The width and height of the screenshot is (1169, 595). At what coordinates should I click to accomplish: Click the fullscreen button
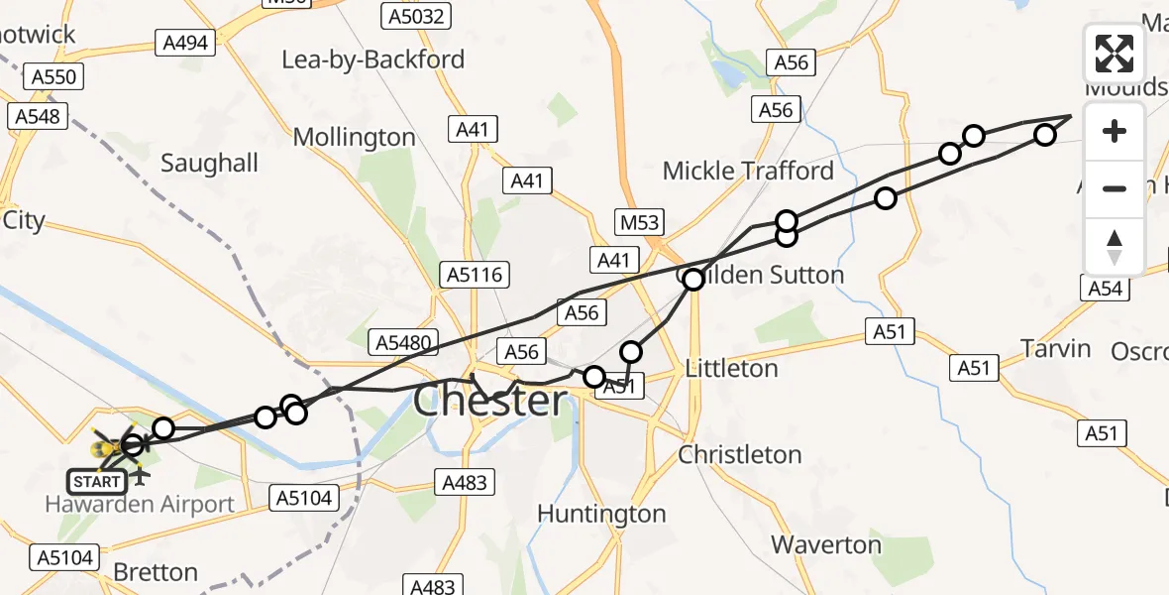pyautogui.click(x=1115, y=53)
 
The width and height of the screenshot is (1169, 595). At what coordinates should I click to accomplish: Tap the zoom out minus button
pyautogui.click(x=1115, y=188)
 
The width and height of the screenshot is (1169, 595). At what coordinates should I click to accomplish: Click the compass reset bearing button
pyautogui.click(x=1115, y=246)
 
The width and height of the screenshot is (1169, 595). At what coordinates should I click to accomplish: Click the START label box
pyautogui.click(x=97, y=482)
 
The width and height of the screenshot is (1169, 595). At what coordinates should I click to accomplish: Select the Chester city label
pyautogui.click(x=490, y=402)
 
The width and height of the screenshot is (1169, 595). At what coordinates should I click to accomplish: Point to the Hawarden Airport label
pyautogui.click(x=140, y=504)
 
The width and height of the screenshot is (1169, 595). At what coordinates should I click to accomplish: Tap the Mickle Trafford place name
pyautogui.click(x=748, y=171)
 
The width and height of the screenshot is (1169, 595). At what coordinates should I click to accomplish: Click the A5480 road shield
pyautogui.click(x=403, y=343)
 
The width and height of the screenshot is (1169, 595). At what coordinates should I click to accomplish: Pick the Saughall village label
pyautogui.click(x=209, y=163)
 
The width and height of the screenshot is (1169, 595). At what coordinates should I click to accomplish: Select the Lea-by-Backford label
pyautogui.click(x=372, y=59)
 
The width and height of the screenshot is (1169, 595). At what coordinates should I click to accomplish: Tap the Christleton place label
pyautogui.click(x=740, y=454)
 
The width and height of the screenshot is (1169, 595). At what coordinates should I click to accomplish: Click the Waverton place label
pyautogui.click(x=826, y=544)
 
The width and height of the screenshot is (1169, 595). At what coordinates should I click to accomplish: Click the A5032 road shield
pyautogui.click(x=416, y=15)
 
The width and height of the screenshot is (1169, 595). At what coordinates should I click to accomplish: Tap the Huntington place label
pyautogui.click(x=601, y=514)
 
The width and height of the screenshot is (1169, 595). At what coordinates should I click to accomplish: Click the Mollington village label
pyautogui.click(x=355, y=137)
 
